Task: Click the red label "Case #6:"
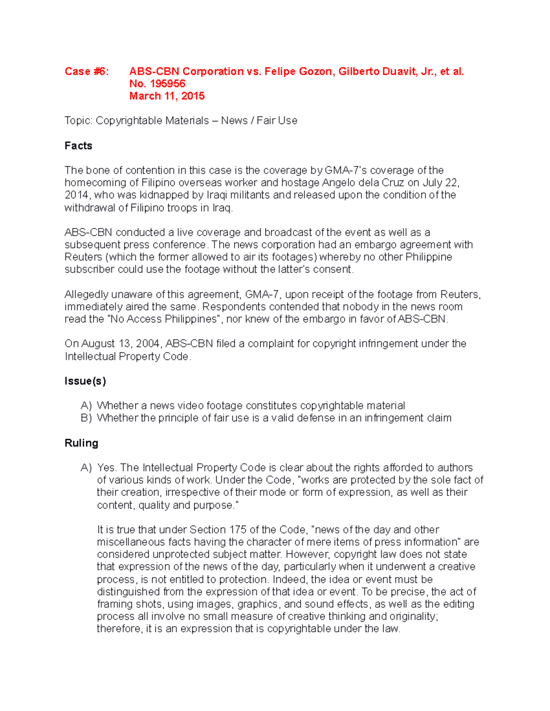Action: point(87,71)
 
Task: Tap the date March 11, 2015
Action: point(167,96)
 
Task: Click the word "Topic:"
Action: point(78,121)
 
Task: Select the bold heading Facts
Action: point(78,146)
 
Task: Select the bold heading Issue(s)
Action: point(85,381)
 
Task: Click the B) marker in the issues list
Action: point(86,418)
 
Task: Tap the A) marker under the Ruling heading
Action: point(86,467)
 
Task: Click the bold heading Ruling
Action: point(82,443)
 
